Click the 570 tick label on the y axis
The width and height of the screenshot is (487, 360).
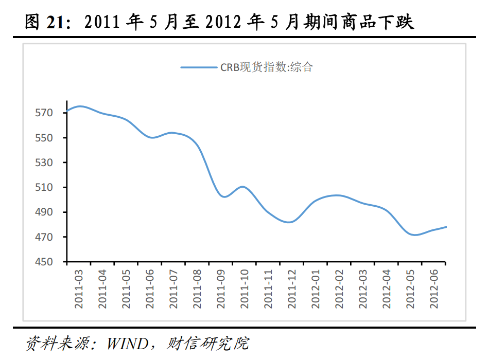click(44, 113)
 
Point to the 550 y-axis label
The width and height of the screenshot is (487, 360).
click(44, 137)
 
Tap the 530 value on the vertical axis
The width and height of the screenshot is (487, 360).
click(44, 163)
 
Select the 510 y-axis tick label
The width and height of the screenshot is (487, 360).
click(44, 187)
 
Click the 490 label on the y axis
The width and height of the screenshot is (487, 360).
click(44, 212)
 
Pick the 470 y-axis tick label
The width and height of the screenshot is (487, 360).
click(44, 237)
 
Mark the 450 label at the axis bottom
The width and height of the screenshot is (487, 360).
click(44, 262)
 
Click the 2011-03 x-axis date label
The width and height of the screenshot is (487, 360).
click(79, 289)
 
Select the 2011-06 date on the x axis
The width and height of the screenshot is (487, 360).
click(150, 289)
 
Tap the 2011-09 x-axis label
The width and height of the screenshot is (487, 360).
click(221, 289)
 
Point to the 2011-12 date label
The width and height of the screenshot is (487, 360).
click(292, 289)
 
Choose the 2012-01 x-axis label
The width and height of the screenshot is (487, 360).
click(316, 289)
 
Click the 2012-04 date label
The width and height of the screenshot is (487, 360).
click(387, 289)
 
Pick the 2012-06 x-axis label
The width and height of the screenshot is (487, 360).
click(434, 289)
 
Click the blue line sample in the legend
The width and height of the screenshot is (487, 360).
click(199, 67)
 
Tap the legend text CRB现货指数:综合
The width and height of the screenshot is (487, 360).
click(267, 67)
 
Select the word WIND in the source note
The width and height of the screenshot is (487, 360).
click(128, 344)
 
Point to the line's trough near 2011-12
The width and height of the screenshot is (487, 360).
click(289, 222)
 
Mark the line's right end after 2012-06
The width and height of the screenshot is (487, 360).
click(446, 227)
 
